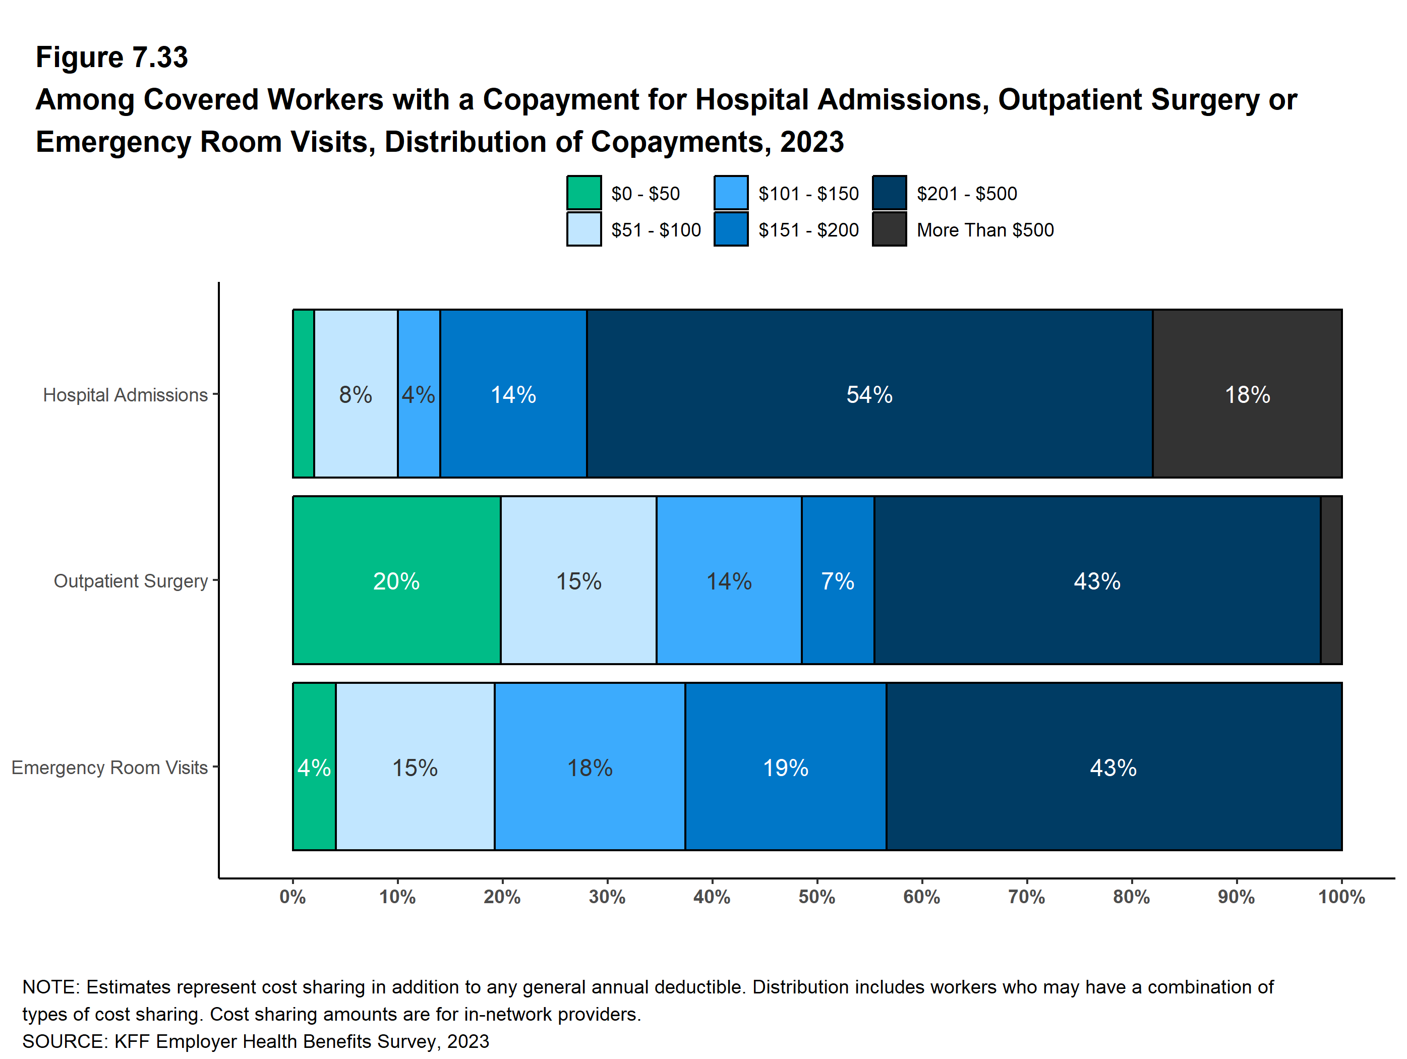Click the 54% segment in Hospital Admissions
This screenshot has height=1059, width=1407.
pos(869,394)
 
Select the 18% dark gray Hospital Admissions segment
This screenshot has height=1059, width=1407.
pos(1247,394)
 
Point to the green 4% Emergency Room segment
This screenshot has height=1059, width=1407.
pos(314,767)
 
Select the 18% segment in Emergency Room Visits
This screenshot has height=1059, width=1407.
pos(590,767)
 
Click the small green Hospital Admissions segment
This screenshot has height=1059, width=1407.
pos(304,394)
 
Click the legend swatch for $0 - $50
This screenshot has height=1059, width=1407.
pos(584,193)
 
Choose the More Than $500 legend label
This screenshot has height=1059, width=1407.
pos(984,229)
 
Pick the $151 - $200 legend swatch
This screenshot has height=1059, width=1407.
pos(731,229)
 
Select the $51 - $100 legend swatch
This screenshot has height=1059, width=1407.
pos(584,229)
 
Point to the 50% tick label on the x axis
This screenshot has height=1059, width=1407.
pos(817,897)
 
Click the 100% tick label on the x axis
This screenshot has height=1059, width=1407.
pos(1341,897)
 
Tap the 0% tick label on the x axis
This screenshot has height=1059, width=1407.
pos(292,897)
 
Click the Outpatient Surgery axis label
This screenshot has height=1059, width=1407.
pos(131,581)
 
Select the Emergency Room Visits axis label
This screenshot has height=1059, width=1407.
pos(109,767)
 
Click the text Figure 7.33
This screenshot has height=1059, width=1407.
pos(112,57)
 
